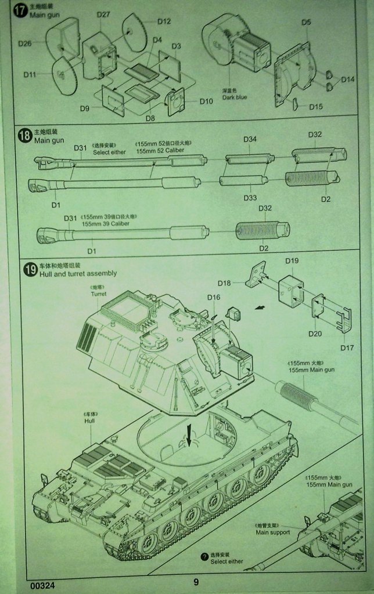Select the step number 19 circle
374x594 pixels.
coord(29,269)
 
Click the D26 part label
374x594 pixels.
coord(25,43)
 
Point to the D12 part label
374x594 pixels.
coord(164,21)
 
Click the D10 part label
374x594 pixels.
coord(206,101)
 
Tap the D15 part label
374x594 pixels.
coord(316,107)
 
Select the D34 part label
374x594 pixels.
coord(250,139)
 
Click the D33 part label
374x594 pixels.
coord(250,198)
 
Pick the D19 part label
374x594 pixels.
coord(292,261)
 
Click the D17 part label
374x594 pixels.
coord(347,348)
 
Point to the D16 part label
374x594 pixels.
coord(214,298)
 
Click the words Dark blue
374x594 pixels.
coord(234,97)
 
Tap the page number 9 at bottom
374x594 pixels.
coord(196,582)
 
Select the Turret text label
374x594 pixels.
coord(98,294)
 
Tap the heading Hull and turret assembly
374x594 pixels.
coord(78,273)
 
